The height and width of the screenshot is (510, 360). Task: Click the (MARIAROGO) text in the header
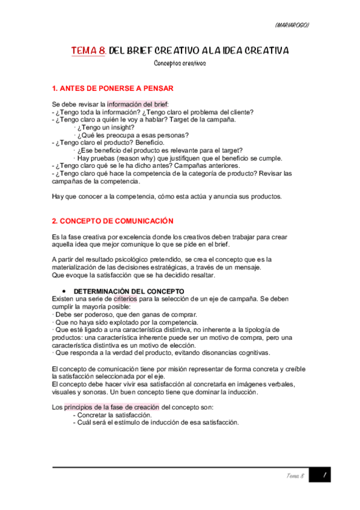click(x=291, y=25)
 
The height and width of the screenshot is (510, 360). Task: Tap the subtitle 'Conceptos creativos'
click(x=180, y=63)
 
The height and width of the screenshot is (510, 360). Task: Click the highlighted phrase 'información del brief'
click(x=137, y=103)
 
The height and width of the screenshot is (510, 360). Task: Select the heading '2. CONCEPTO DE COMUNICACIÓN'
click(x=113, y=221)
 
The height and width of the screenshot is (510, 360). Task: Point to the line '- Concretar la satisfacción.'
click(x=112, y=415)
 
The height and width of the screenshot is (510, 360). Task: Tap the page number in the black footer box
click(x=324, y=475)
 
